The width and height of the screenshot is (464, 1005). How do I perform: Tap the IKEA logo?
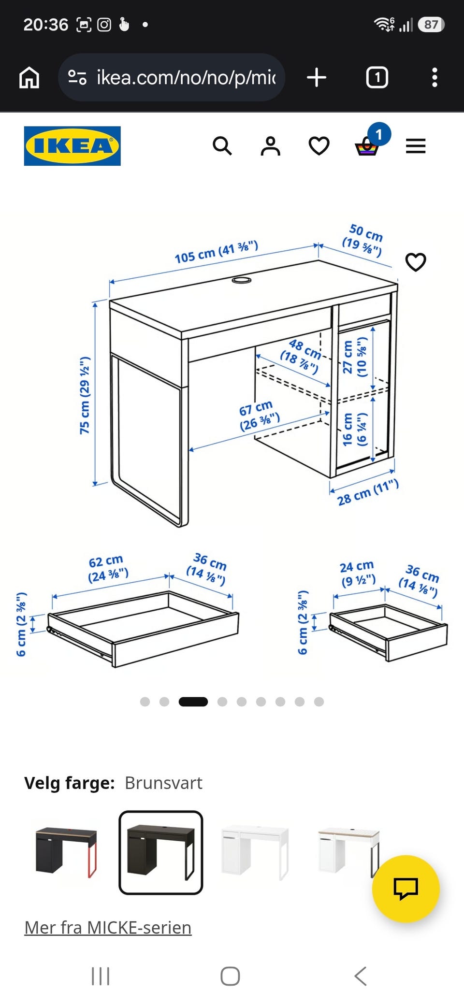pos(72,146)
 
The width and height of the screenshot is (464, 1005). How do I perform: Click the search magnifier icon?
pos(222,145)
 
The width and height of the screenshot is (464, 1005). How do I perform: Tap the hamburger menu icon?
pos(416,146)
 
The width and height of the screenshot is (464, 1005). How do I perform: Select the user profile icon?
pos(271,146)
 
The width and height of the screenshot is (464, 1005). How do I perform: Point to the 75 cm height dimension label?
pos(85,395)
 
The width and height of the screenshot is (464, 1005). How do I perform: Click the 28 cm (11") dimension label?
pos(368,492)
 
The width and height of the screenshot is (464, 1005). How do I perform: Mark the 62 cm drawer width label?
pos(108,569)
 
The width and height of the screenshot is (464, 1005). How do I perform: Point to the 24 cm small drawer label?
pos(358,574)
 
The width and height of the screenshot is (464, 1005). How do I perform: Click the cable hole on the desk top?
pos(241,280)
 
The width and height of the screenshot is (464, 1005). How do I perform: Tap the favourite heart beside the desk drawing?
pos(416,262)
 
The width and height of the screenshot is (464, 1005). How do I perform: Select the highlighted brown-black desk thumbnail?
pos(161,852)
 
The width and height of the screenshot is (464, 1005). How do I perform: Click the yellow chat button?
pos(406,889)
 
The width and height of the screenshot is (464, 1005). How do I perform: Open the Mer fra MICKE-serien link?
pos(108,928)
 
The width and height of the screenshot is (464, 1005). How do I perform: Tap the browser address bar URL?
pos(186,77)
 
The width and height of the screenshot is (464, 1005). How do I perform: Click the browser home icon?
pos(29,77)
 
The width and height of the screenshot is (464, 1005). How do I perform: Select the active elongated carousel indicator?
pos(193,702)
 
